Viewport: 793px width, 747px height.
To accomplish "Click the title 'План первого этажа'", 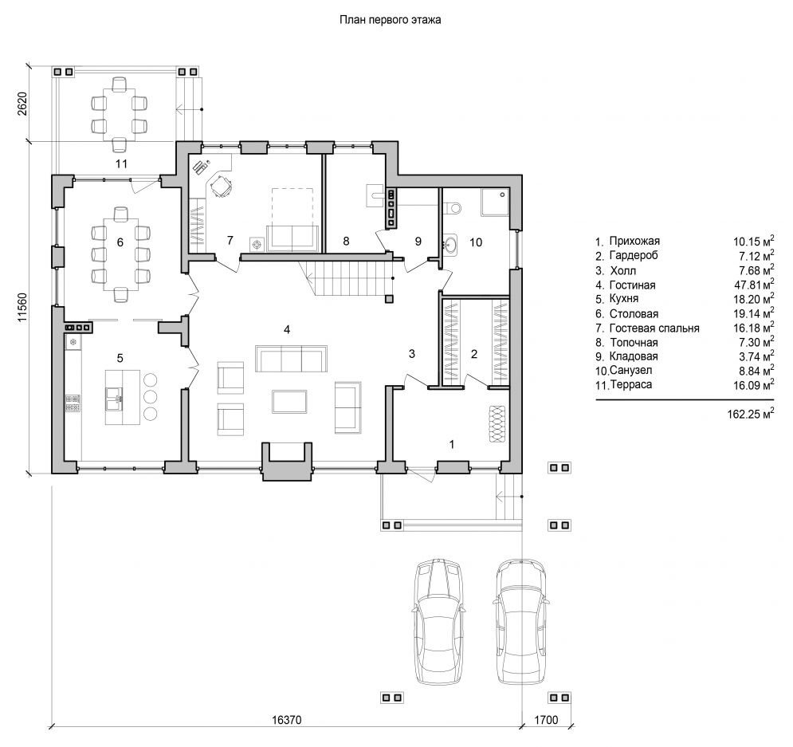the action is click(390, 20).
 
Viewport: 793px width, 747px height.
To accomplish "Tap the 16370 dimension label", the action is click(287, 720).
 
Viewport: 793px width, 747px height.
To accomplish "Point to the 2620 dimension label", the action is click(22, 104).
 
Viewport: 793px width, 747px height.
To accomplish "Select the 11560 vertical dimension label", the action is click(22, 306).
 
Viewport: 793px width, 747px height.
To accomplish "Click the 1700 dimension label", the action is click(546, 720).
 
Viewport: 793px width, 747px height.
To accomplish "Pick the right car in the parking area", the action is click(522, 623).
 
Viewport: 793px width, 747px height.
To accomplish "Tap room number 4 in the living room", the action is click(287, 330).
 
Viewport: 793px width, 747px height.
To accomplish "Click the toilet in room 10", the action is click(453, 207).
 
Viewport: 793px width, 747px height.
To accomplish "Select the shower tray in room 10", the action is click(495, 202).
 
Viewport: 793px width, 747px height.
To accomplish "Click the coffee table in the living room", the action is click(289, 402).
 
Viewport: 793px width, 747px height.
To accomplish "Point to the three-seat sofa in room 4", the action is click(292, 359).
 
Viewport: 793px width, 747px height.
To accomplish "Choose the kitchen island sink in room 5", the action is click(114, 398).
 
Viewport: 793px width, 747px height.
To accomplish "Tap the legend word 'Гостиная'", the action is click(632, 285).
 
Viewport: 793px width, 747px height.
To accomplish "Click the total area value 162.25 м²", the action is click(751, 414).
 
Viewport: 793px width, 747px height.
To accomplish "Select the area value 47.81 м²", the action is click(754, 285).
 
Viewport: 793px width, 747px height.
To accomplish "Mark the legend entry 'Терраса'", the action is click(631, 384).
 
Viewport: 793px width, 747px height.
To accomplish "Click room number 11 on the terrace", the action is click(121, 164).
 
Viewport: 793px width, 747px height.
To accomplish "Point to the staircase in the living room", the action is click(345, 278).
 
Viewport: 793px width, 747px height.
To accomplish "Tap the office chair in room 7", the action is click(221, 186).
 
